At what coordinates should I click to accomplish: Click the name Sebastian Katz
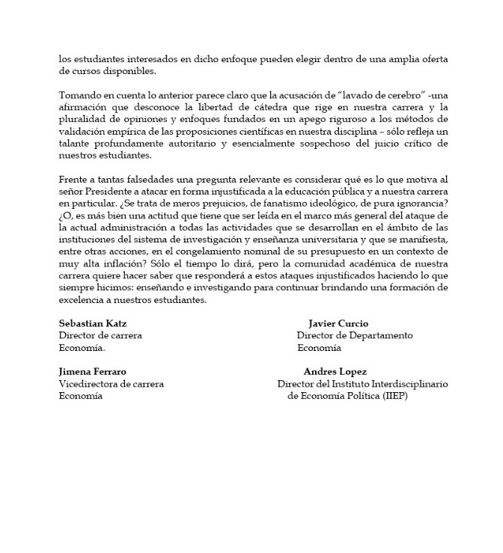(x=93, y=323)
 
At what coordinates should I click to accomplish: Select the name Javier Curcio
(x=338, y=323)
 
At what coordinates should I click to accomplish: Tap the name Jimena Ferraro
(x=93, y=372)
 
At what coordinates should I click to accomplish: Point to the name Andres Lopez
(x=335, y=372)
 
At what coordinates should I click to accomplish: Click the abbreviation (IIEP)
(x=393, y=396)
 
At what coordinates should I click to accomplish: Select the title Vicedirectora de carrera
(x=112, y=384)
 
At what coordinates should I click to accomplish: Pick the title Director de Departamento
(x=354, y=335)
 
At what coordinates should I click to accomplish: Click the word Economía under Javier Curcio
(x=319, y=347)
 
